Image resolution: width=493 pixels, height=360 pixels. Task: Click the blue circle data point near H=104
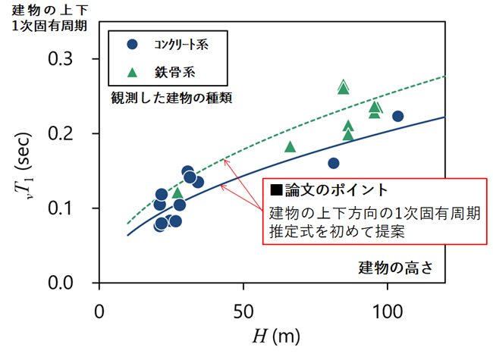click(x=397, y=116)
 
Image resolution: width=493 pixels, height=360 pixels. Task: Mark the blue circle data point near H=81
click(x=333, y=163)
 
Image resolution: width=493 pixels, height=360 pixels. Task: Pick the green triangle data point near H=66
click(x=290, y=146)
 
